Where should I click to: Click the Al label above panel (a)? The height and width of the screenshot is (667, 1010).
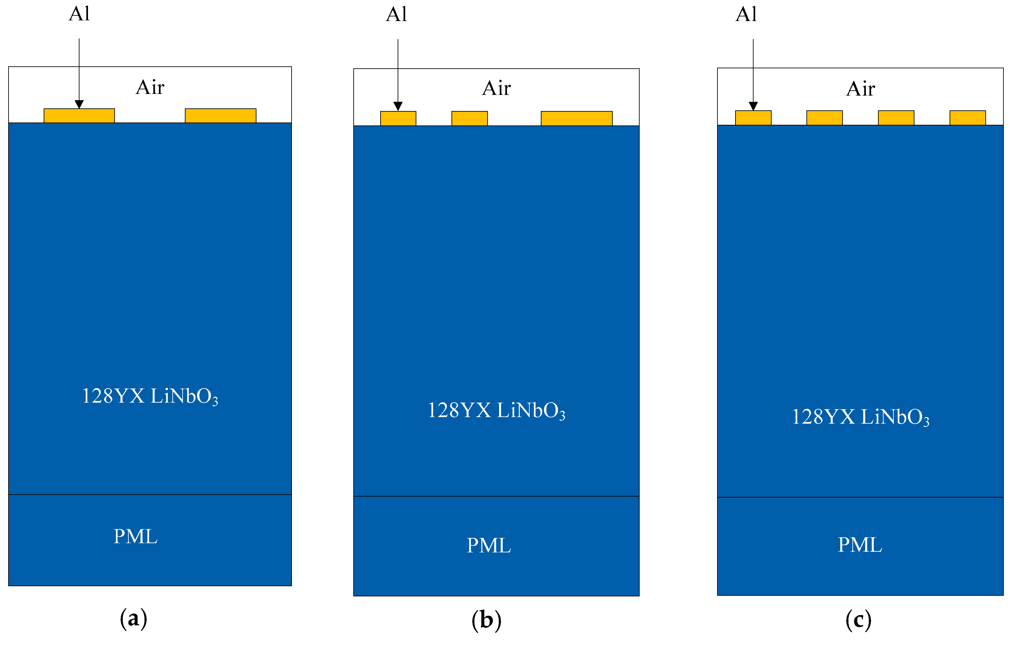coord(79,14)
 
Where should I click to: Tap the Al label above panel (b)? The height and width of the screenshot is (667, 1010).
coord(396,14)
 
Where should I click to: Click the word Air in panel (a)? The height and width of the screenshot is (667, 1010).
coord(150,88)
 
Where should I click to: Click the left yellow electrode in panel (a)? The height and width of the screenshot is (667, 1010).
coord(79,116)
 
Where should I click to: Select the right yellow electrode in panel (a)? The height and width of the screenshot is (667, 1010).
coord(220,116)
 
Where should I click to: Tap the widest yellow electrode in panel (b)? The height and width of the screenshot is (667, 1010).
coord(576,118)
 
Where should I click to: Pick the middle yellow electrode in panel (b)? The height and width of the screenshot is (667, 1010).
coord(469,118)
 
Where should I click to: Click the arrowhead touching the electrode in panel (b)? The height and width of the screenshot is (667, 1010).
coord(398,106)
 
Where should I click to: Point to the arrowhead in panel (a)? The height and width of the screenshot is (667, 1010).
coord(79,104)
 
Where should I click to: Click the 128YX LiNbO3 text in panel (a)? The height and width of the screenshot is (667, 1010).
coord(150,396)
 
